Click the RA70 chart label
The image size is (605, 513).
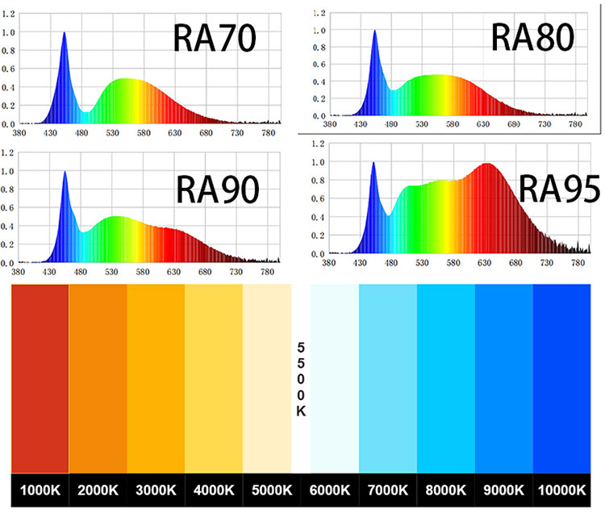click(215, 38)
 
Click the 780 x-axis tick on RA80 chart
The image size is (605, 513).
click(576, 125)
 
